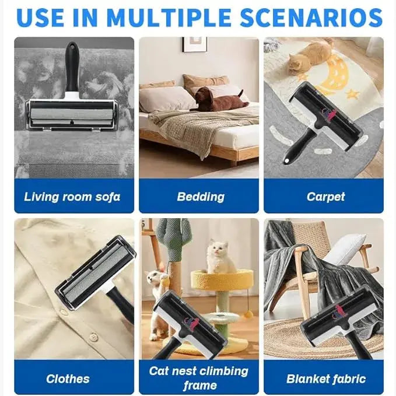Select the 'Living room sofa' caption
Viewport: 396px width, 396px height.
point(72,196)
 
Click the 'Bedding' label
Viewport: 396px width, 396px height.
point(201,196)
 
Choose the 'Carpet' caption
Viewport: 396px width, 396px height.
point(325,196)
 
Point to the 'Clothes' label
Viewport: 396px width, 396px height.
point(68,379)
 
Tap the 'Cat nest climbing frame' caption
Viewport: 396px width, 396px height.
point(198,378)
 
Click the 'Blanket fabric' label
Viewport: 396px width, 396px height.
point(325,379)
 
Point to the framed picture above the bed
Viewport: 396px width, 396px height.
point(194,44)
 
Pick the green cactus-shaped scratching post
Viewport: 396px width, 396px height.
point(173,248)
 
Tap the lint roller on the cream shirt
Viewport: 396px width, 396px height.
point(96,274)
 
